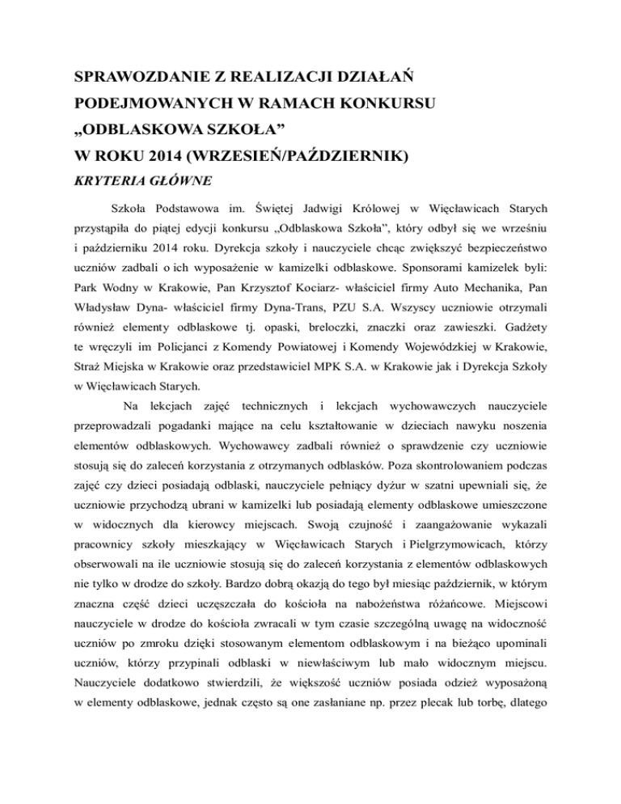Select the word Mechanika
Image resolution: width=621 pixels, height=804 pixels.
[512, 290]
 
